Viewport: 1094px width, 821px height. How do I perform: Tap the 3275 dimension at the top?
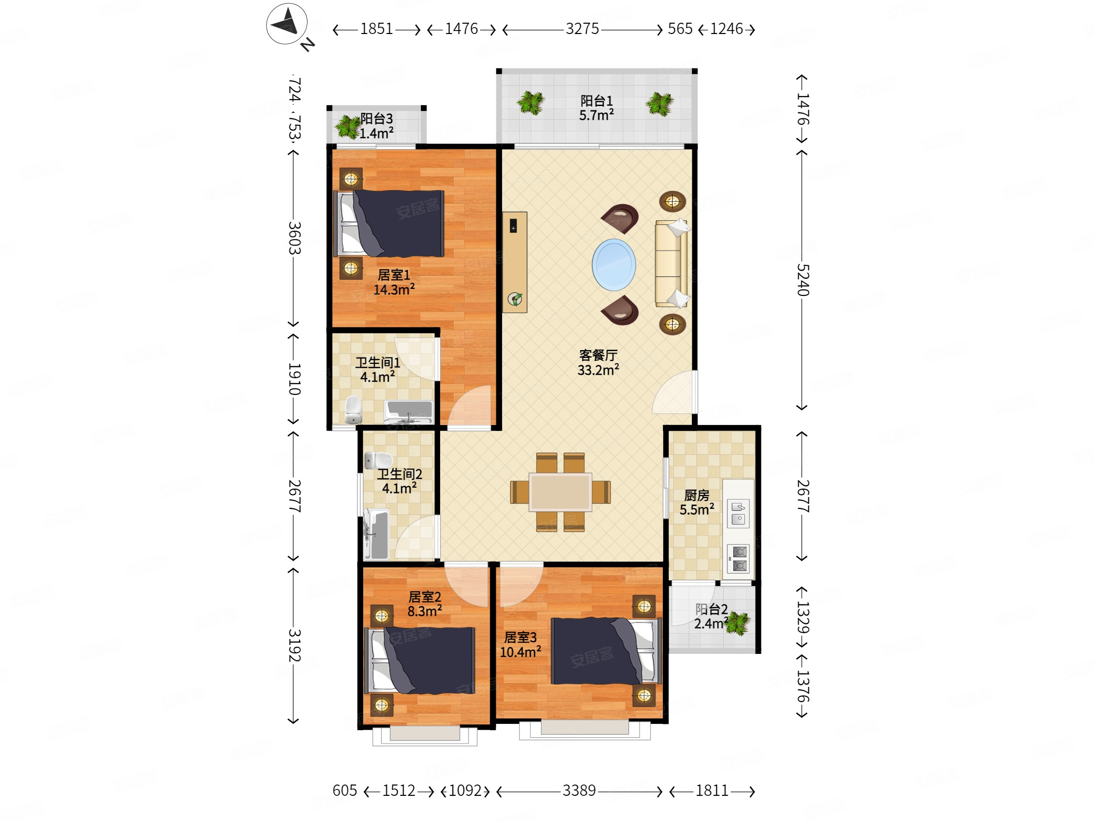click(582, 29)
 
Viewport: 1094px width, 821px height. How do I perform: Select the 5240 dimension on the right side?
click(802, 280)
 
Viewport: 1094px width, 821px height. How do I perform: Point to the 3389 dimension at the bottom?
click(579, 790)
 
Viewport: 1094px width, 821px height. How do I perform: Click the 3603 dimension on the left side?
click(294, 238)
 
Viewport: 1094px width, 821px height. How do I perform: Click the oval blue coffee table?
click(614, 265)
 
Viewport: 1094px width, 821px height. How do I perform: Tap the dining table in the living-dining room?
click(560, 492)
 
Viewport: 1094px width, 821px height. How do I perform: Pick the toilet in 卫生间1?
click(353, 409)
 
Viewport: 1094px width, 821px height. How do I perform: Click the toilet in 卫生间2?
click(378, 460)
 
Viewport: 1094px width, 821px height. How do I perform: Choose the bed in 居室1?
click(389, 224)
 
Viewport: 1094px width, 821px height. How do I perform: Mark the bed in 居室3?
click(606, 651)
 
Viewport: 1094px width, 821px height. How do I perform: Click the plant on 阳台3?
click(348, 127)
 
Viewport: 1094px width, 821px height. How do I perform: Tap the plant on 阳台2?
click(737, 623)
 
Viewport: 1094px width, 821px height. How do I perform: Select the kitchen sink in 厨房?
click(738, 513)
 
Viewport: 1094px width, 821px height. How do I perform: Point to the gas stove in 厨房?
click(738, 558)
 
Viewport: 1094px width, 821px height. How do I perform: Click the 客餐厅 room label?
click(598, 355)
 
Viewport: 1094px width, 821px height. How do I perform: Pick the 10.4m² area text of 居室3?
click(520, 652)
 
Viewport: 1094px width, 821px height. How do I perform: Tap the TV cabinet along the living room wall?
click(515, 262)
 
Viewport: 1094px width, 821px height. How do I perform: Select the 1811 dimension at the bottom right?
click(712, 790)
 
